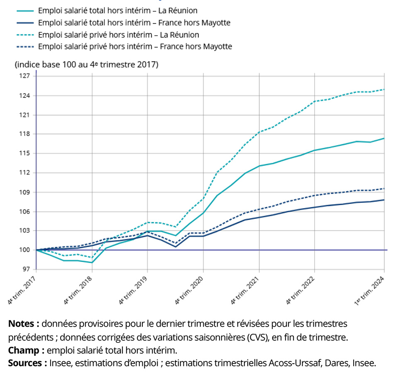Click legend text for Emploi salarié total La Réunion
click(x=117, y=10)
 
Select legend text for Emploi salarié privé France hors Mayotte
click(x=135, y=46)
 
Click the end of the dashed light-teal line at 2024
click(x=384, y=89)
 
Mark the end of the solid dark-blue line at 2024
click(x=384, y=200)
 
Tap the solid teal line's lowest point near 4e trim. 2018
click(x=91, y=262)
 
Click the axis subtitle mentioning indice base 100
click(x=86, y=65)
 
